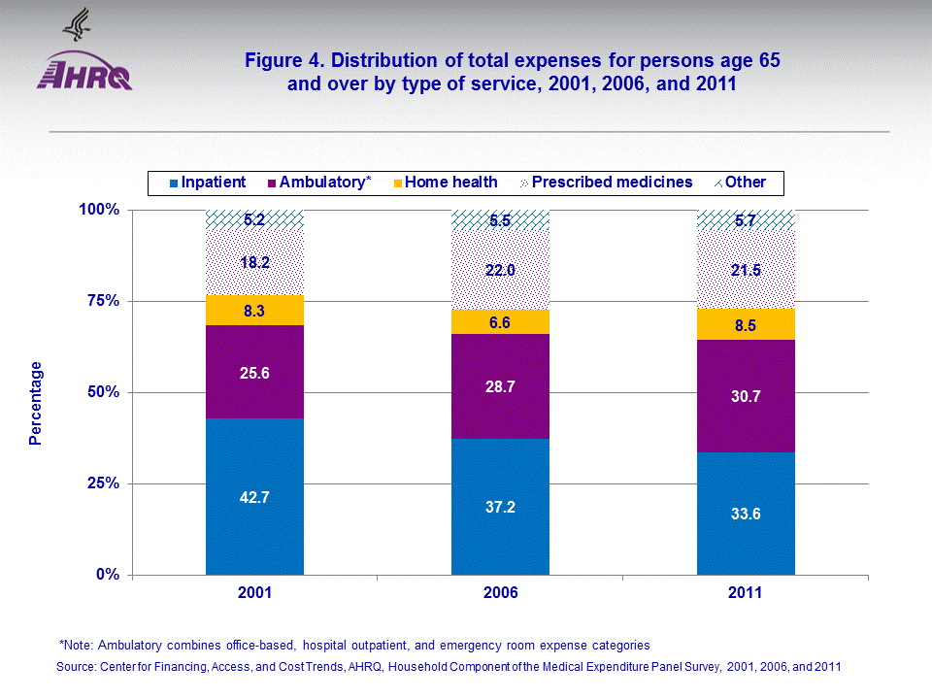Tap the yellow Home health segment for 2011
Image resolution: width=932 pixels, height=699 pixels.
pos(746,324)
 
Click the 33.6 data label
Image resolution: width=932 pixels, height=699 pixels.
pos(746,514)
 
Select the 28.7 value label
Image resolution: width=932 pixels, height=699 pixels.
pos(500,386)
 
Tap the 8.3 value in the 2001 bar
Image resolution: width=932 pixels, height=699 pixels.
pos(254,311)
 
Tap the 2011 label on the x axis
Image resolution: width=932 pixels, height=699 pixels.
pos(746,592)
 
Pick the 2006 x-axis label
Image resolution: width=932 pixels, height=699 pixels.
pos(500,592)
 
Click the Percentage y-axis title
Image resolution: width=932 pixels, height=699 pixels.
pos(36,403)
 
